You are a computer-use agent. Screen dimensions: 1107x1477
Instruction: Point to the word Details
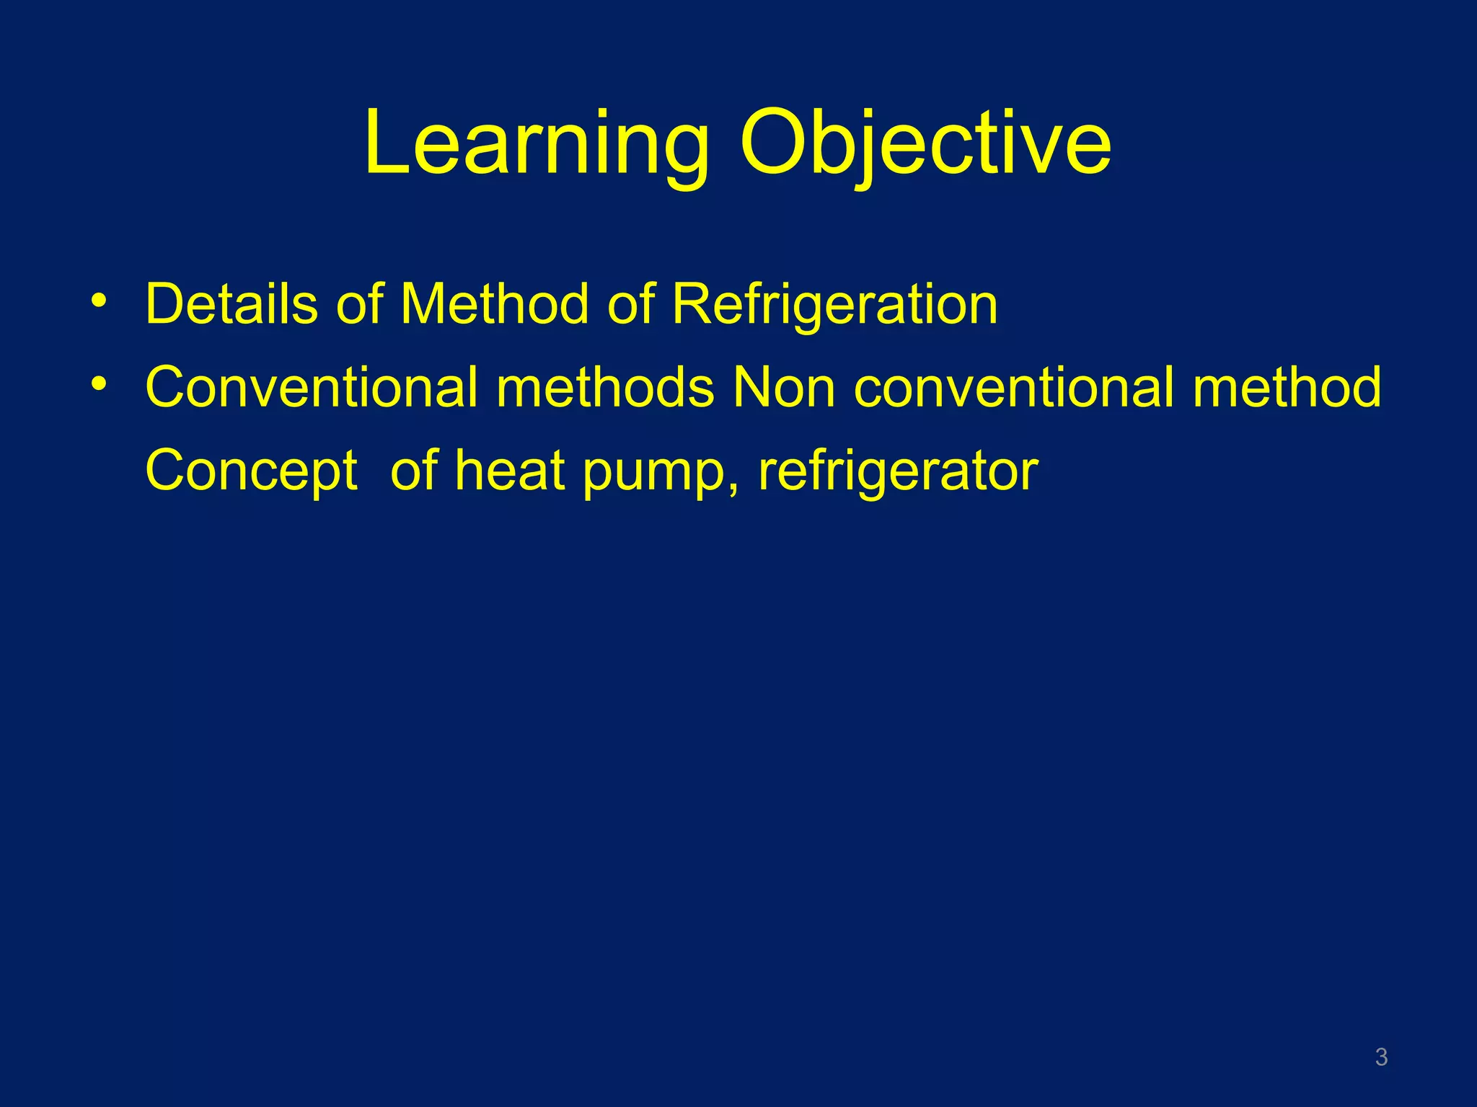click(x=232, y=304)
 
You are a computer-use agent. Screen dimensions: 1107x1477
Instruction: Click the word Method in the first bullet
click(x=495, y=304)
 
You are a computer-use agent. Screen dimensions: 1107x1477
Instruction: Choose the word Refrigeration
click(x=835, y=304)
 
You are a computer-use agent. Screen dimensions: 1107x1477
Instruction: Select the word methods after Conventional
click(x=605, y=387)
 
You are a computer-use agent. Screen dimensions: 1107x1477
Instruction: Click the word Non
click(x=783, y=387)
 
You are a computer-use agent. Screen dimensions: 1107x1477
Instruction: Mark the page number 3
click(x=1381, y=1057)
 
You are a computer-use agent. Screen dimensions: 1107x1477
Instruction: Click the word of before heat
click(x=414, y=470)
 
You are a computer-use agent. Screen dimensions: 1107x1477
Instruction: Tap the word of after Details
click(x=359, y=304)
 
